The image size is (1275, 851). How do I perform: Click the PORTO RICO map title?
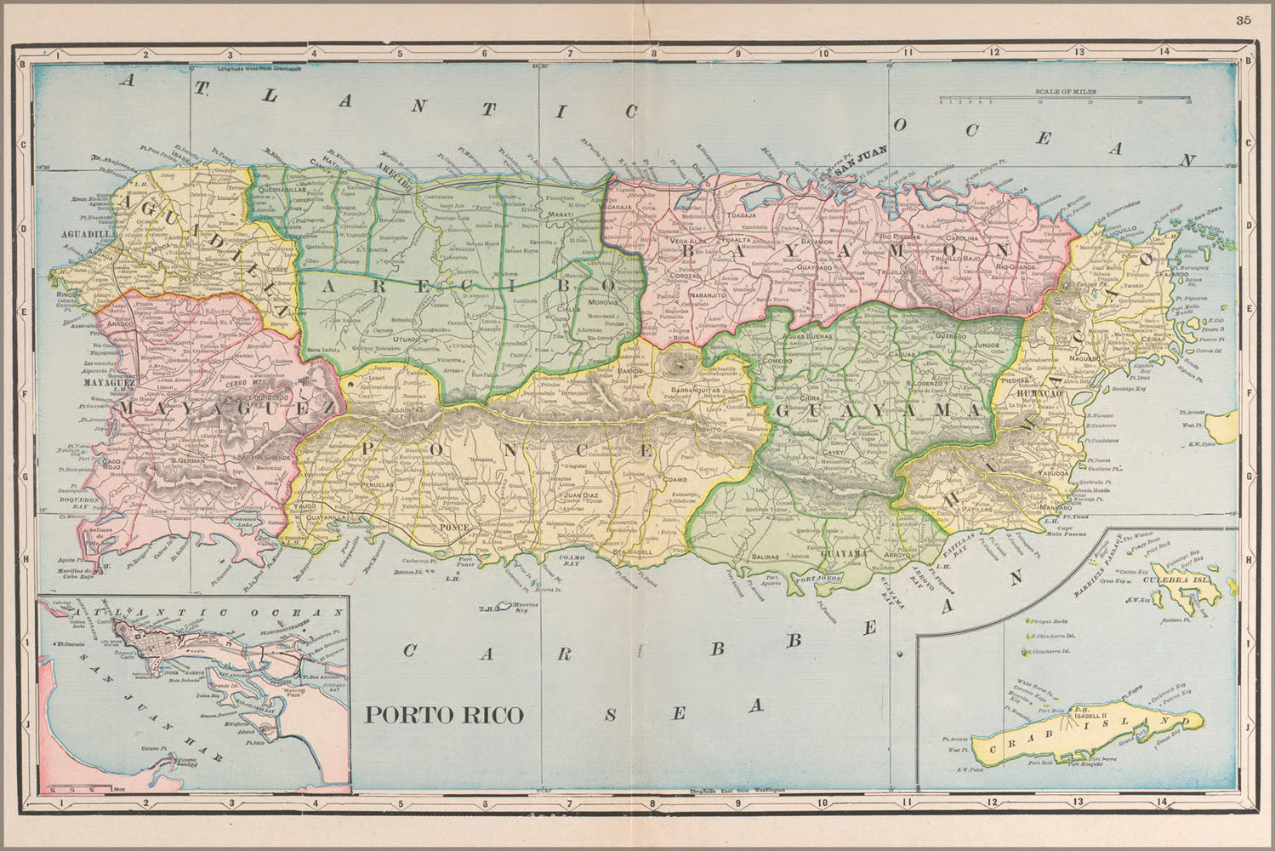[x=443, y=715]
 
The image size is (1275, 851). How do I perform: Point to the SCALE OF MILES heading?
[x=1065, y=90]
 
